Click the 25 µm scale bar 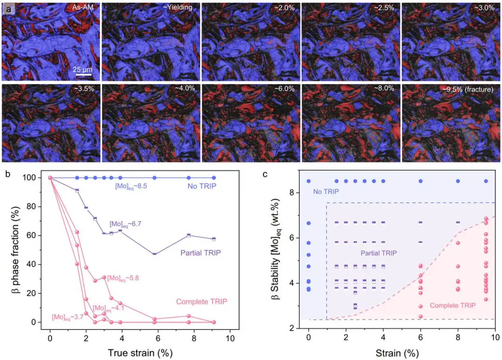[x=84, y=73]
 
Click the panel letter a [x=7, y=7]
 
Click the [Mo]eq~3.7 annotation [x=67, y=317]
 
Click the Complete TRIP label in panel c [x=452, y=306]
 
